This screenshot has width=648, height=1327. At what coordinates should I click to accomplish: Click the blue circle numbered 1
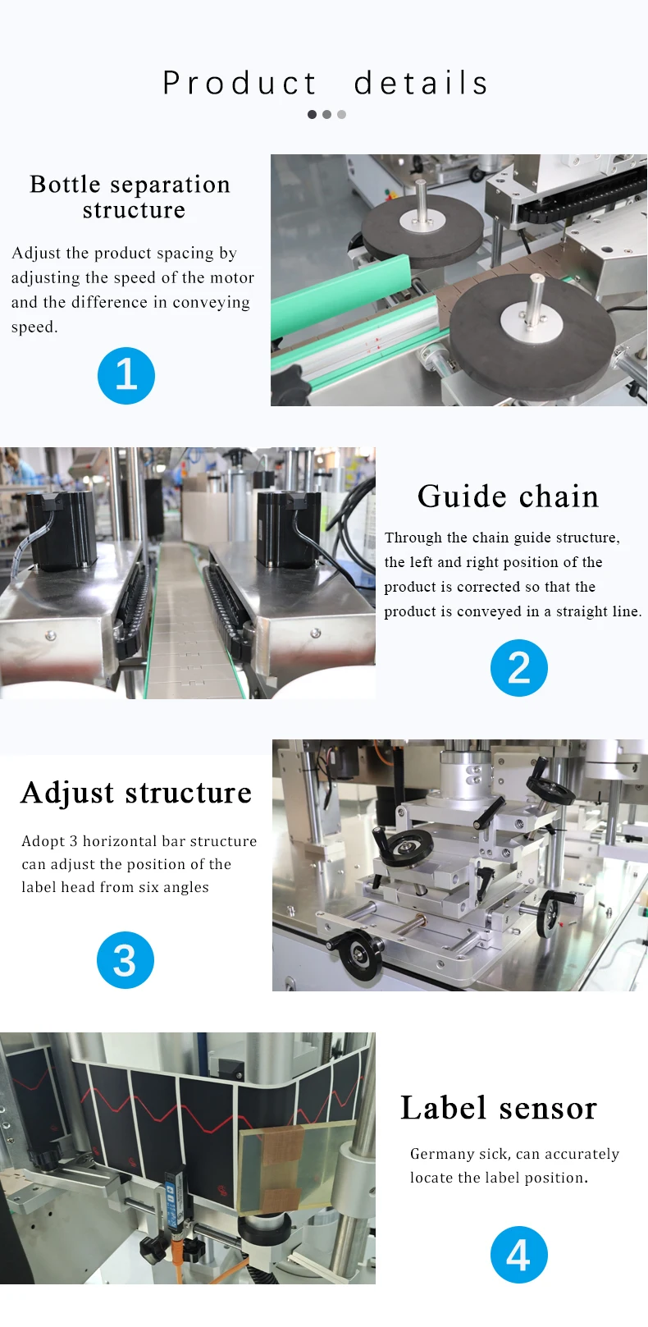pyautogui.click(x=126, y=376)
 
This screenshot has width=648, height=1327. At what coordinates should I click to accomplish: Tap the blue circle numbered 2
pyautogui.click(x=518, y=668)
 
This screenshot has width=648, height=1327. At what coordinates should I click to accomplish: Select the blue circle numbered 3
pyautogui.click(x=125, y=960)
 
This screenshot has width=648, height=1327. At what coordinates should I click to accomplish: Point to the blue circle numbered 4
pyautogui.click(x=518, y=1254)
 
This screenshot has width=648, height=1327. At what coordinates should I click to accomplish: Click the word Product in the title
pyautogui.click(x=240, y=83)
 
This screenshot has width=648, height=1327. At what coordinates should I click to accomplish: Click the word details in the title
pyautogui.click(x=422, y=83)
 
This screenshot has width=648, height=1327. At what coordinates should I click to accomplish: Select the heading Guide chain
pyautogui.click(x=508, y=496)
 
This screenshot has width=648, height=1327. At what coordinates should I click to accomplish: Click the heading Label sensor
pyautogui.click(x=499, y=1108)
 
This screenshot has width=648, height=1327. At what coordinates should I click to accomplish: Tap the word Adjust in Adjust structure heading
pyautogui.click(x=67, y=793)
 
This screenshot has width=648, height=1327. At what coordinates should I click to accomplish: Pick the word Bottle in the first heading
pyautogui.click(x=65, y=184)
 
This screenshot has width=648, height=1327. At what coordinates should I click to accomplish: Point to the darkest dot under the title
pyautogui.click(x=312, y=115)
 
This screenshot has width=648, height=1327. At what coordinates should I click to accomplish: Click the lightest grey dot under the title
pyautogui.click(x=341, y=115)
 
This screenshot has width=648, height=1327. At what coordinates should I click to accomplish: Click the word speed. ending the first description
pyautogui.click(x=34, y=327)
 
